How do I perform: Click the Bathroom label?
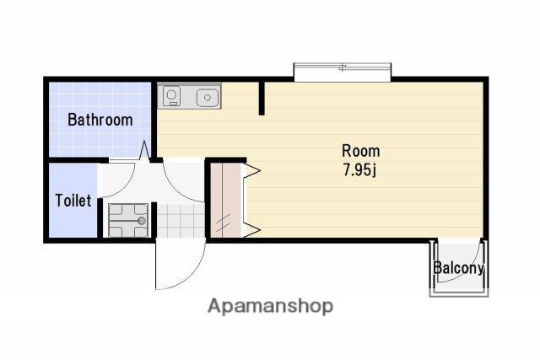click(x=100, y=120)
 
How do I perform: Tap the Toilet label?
click(x=73, y=201)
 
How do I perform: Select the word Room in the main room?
click(x=361, y=151)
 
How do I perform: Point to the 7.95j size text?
click(x=359, y=169)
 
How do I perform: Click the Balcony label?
click(x=459, y=268)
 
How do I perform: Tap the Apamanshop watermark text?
click(x=270, y=306)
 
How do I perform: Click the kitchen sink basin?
click(x=208, y=98)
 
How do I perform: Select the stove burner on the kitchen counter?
click(x=171, y=94)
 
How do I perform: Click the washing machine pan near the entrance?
click(x=128, y=221)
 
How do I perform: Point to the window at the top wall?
click(x=342, y=72)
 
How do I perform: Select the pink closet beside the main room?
click(x=225, y=201)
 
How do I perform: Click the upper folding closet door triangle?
click(x=251, y=170)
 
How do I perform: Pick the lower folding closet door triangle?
click(x=251, y=230)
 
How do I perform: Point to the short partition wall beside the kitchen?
click(x=262, y=98)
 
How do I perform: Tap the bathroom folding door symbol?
click(x=144, y=150)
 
